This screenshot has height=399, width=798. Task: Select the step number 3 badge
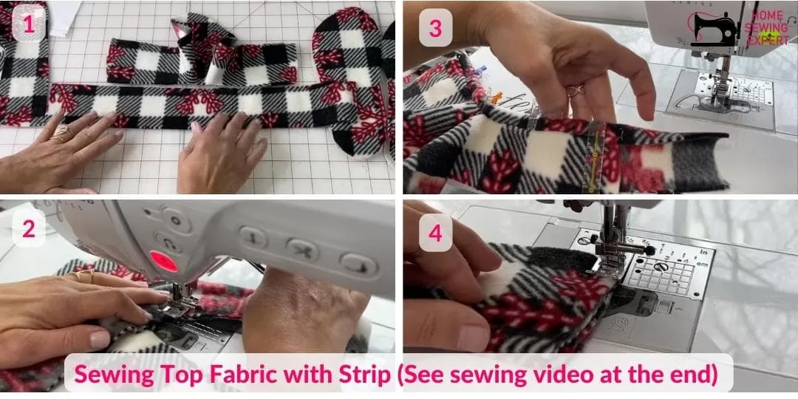point(435,30)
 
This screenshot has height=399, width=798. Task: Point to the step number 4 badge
point(435,234)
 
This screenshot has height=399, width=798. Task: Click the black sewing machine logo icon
point(715,30)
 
